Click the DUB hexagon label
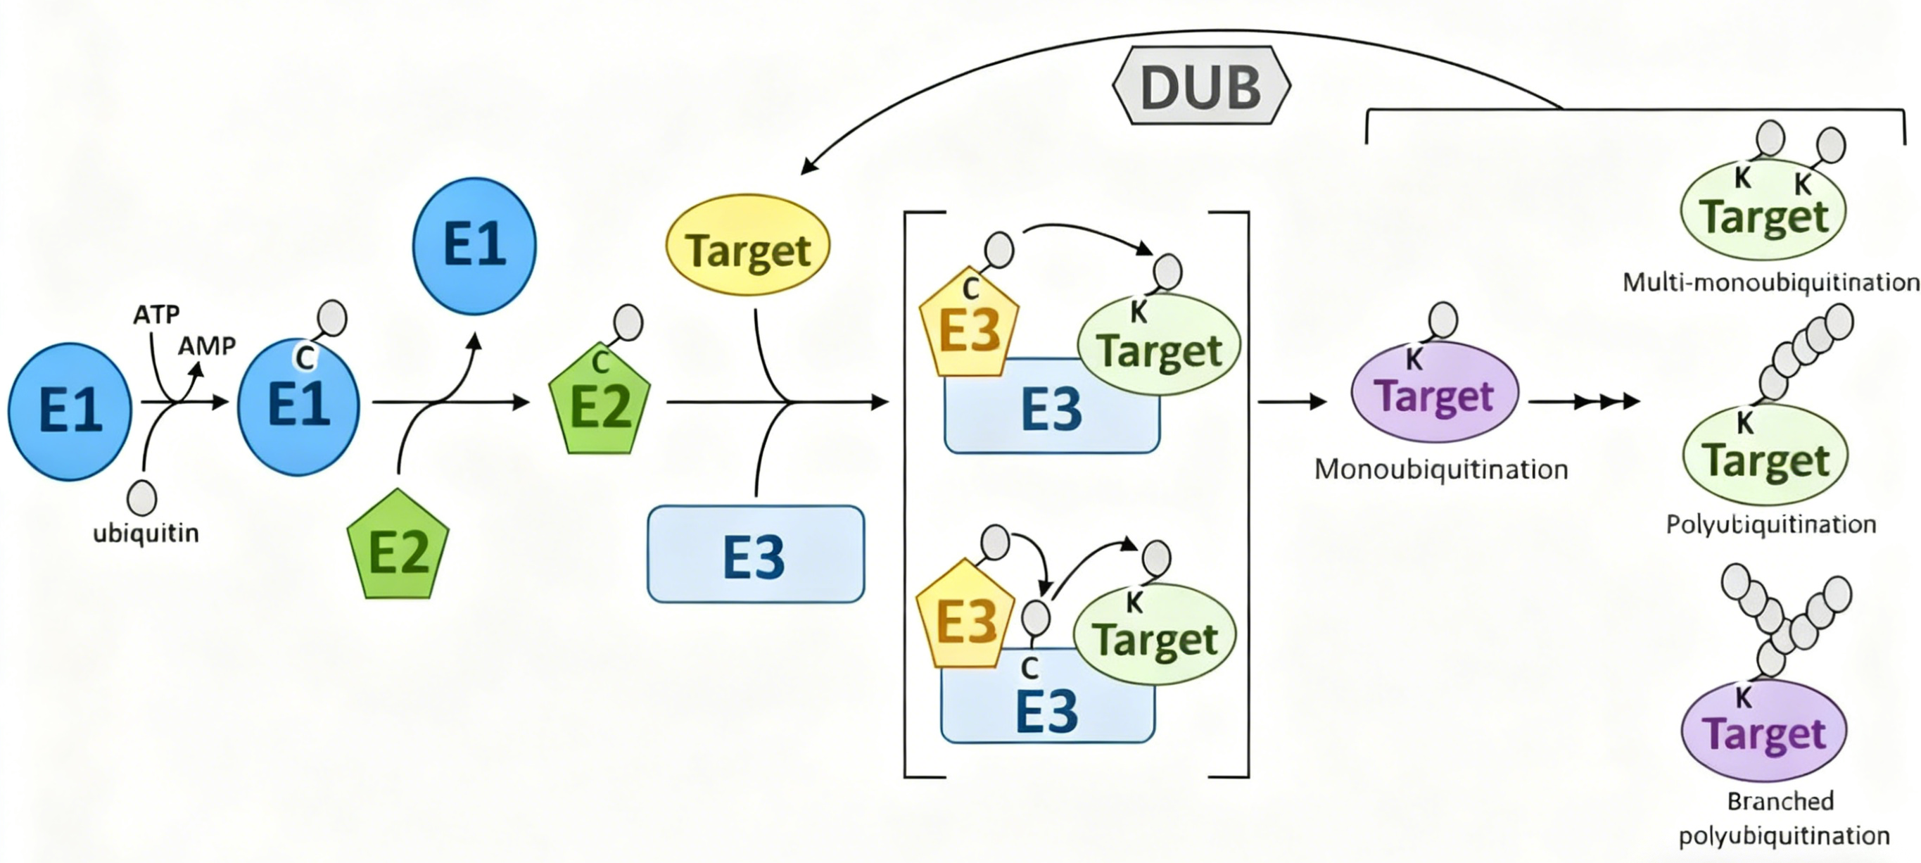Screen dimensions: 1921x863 [1201, 86]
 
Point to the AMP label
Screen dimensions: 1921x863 [207, 346]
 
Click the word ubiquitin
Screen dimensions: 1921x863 [146, 534]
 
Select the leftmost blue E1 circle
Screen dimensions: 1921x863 [70, 411]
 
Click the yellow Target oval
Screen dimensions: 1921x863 [748, 245]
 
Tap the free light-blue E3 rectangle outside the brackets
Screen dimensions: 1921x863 [756, 554]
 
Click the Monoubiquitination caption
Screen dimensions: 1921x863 [1442, 470]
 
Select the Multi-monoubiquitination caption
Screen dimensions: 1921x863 [1771, 282]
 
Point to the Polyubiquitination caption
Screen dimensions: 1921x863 [1771, 524]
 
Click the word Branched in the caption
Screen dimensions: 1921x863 [1781, 801]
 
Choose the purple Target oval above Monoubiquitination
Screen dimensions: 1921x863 [1435, 391]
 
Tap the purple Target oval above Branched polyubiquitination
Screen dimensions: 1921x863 [1764, 731]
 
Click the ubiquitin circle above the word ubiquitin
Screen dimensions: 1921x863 [141, 498]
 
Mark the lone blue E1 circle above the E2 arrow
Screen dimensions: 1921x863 [474, 246]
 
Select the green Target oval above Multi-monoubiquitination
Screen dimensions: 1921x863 [1763, 210]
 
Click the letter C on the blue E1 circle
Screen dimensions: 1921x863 [304, 358]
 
